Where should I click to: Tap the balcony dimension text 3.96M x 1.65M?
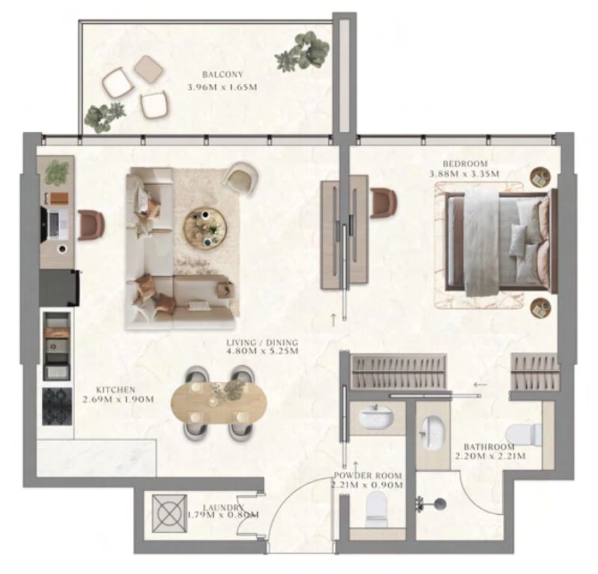click(221, 86)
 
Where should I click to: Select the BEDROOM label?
click(464, 164)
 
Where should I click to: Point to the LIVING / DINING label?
click(262, 343)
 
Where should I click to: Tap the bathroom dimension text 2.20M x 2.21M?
click(490, 456)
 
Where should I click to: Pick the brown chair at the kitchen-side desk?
click(91, 224)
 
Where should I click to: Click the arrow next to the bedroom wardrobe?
click(480, 384)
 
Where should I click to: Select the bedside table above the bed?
click(540, 177)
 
